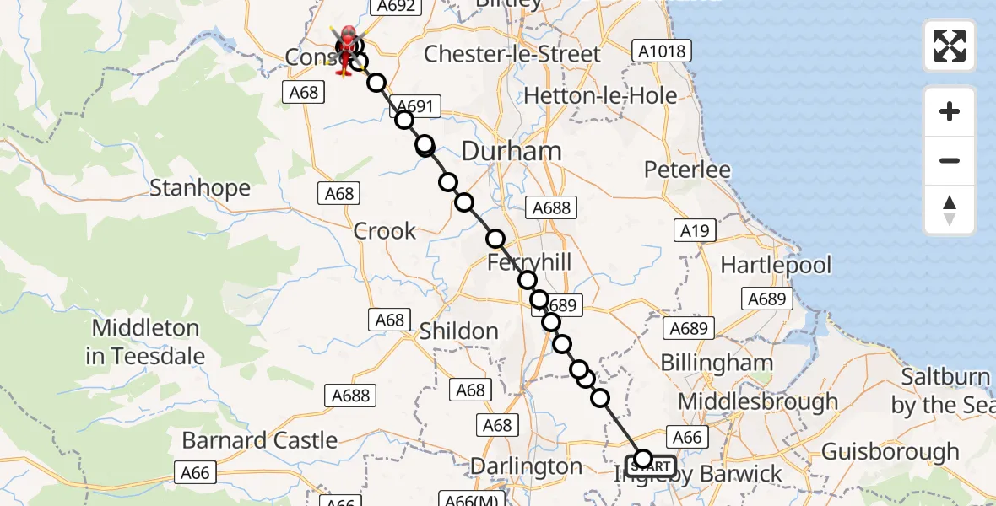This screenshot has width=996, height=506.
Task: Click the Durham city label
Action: pos(512,152)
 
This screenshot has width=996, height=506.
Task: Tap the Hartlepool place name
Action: pos(776,266)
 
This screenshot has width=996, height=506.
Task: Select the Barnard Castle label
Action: pos(260,440)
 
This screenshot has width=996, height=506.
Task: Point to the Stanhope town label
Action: pos(200,187)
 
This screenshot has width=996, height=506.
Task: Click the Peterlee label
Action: pos(686,170)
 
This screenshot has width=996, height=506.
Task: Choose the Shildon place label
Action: pos(459,331)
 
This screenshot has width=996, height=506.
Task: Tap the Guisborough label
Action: pos(890,452)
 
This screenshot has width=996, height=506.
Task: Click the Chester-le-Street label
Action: pos(512,54)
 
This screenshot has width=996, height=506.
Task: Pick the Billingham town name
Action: pos(717,363)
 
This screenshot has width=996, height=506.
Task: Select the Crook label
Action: pos(385,231)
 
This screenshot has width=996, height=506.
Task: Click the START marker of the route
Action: pos(651,466)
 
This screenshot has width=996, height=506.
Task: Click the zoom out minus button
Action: pos(950,160)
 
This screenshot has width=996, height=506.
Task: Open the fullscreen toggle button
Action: pos(950,46)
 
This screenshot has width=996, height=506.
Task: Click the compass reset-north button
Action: pos(950,210)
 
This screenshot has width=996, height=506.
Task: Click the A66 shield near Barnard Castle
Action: pos(195,472)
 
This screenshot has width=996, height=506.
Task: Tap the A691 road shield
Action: pos(415,106)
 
